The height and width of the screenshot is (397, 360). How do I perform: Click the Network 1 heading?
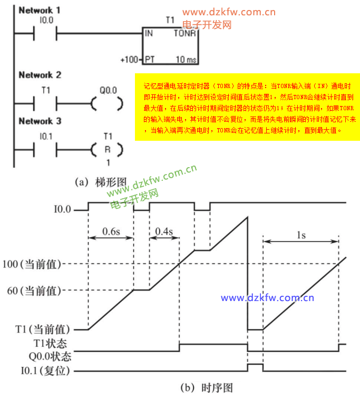(x=39, y=9)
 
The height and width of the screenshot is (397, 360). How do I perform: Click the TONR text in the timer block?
(x=185, y=33)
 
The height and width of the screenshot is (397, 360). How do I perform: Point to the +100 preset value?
(x=129, y=60)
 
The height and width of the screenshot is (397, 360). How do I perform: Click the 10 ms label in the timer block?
(x=185, y=60)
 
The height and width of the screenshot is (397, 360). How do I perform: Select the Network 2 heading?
(x=40, y=75)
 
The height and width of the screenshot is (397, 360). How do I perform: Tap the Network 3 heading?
(x=40, y=121)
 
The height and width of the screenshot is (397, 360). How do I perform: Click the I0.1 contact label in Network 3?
(x=46, y=136)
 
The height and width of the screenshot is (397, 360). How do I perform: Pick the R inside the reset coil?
(x=108, y=149)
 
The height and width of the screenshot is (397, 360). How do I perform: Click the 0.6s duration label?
(x=111, y=231)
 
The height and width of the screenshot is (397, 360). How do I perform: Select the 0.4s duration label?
(x=165, y=231)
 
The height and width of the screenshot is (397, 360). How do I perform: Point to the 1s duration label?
(x=301, y=235)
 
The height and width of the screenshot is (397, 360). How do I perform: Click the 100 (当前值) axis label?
(x=40, y=264)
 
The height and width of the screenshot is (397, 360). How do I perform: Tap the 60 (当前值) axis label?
(x=43, y=291)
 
